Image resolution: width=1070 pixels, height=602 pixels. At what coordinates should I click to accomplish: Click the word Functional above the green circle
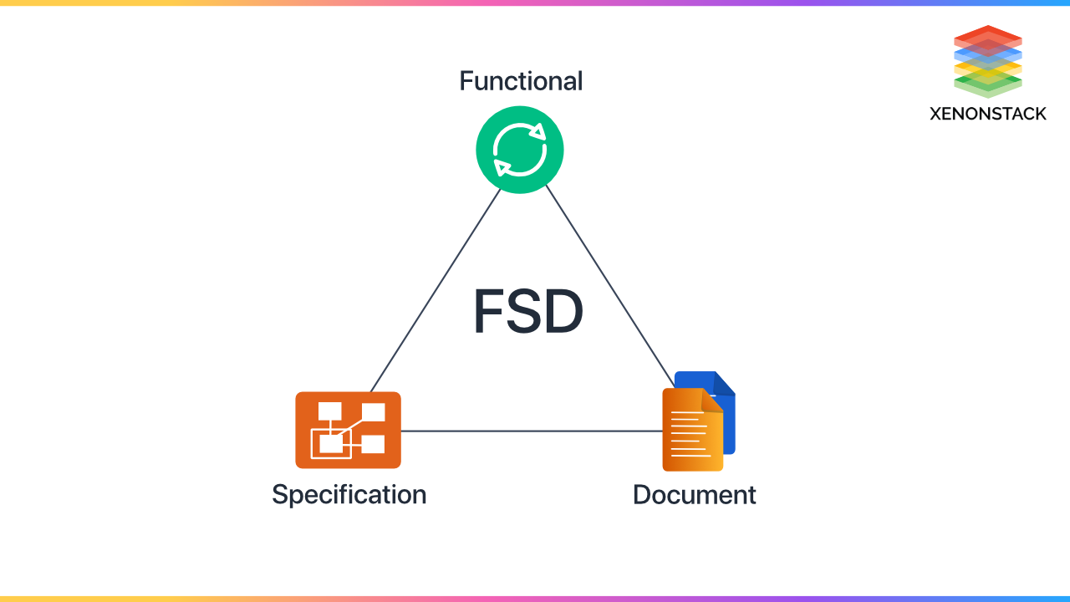(x=521, y=81)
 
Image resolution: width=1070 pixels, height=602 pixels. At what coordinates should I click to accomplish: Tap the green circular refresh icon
(x=520, y=150)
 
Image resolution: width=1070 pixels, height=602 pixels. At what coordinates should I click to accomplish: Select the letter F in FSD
(x=488, y=313)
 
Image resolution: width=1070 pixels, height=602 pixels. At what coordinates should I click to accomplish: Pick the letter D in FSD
(x=564, y=313)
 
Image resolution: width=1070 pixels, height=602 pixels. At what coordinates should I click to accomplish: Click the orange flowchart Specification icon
(x=348, y=430)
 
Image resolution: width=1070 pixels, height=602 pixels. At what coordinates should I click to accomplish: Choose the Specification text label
(x=349, y=494)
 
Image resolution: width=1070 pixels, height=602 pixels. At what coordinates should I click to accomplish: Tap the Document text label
(x=694, y=494)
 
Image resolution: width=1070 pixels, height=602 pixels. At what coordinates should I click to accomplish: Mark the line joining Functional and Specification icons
(x=435, y=290)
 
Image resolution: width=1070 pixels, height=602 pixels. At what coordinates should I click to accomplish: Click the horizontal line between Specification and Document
(x=531, y=431)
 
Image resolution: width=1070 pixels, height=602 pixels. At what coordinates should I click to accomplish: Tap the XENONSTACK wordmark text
(x=987, y=114)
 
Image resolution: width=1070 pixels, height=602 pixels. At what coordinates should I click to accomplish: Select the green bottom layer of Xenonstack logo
(x=988, y=85)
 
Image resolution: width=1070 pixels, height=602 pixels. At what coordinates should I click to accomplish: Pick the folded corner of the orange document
(x=713, y=400)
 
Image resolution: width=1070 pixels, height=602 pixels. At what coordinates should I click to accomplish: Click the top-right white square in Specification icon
(x=374, y=412)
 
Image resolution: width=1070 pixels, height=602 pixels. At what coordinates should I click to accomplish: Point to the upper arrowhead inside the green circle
(x=539, y=131)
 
